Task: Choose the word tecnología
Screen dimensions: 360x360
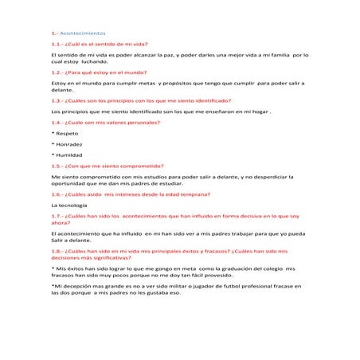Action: (74, 205)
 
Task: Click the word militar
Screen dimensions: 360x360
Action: (164, 286)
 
